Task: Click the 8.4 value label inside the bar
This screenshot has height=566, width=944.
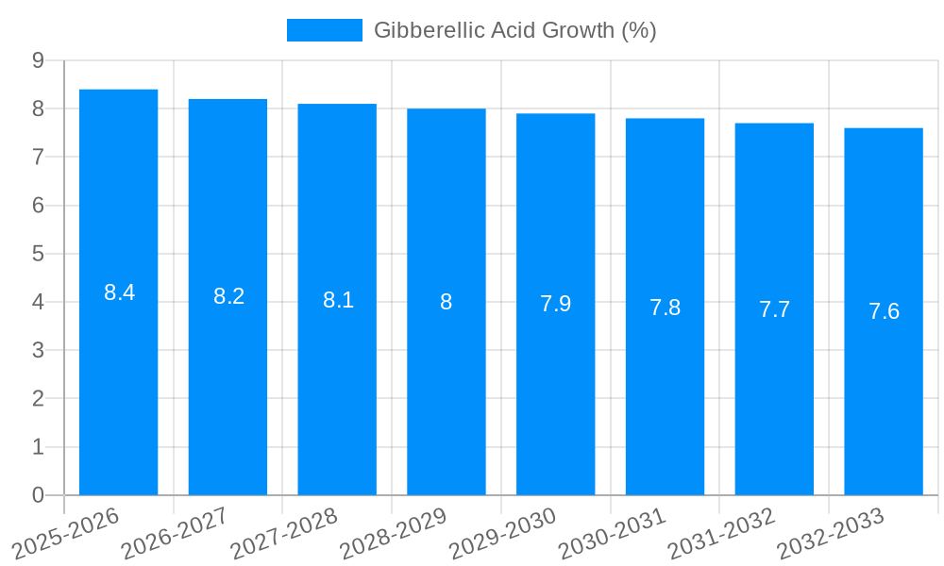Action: click(x=120, y=292)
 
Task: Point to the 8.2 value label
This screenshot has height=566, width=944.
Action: click(x=228, y=296)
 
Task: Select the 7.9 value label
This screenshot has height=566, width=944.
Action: click(x=555, y=304)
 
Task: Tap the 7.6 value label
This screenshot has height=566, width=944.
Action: click(x=884, y=311)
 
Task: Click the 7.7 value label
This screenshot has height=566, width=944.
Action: click(x=774, y=308)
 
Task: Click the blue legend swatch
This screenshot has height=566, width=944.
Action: click(x=324, y=30)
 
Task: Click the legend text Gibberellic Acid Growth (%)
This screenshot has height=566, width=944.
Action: click(x=514, y=30)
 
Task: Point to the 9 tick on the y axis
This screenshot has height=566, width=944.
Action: click(x=38, y=60)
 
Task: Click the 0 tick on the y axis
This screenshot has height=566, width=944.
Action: click(x=38, y=495)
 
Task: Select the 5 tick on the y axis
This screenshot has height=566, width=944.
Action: click(x=38, y=254)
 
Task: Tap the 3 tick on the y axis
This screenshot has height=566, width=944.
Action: click(x=38, y=351)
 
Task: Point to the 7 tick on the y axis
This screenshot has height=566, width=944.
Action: click(x=38, y=157)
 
